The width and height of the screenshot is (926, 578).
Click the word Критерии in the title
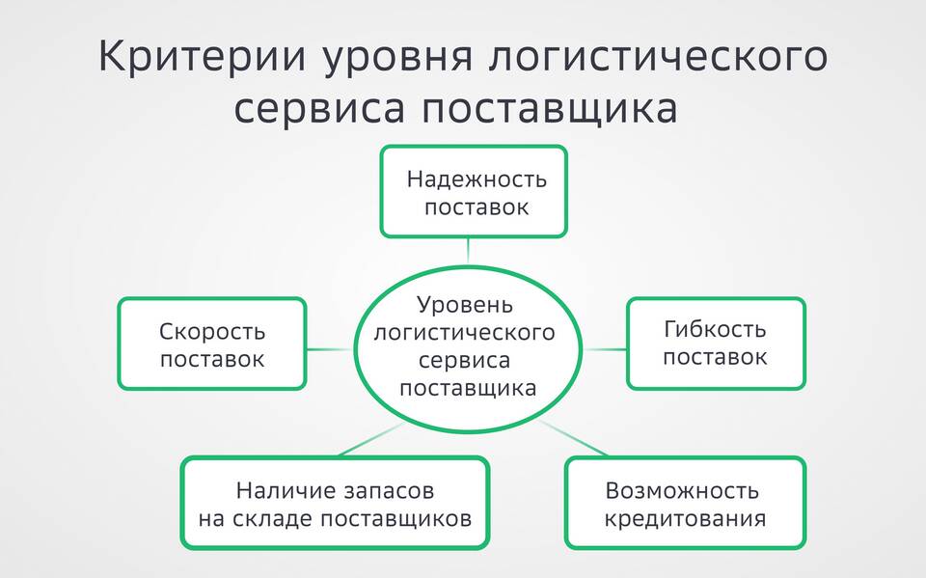tap(203, 57)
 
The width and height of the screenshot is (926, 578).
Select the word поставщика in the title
tap(549, 109)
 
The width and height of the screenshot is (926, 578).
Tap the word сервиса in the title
tap(319, 109)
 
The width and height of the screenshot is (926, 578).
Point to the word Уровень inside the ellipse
tap(465, 306)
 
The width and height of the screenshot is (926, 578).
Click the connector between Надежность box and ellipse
tap(468, 251)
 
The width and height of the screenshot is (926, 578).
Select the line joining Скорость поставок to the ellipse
tap(330, 349)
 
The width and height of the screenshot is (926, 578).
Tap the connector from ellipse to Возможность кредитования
tap(573, 438)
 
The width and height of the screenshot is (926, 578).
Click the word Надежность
tap(477, 179)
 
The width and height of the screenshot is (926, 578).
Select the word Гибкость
tap(715, 329)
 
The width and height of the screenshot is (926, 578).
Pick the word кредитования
tap(685, 519)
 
